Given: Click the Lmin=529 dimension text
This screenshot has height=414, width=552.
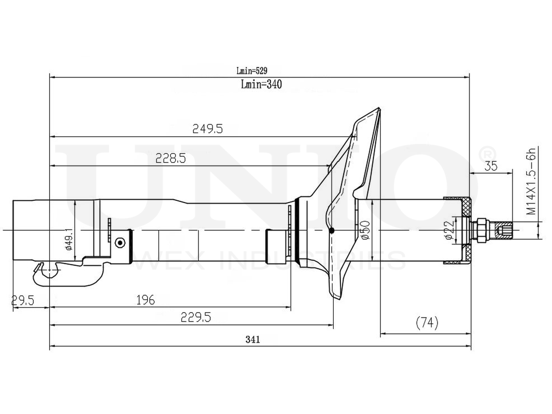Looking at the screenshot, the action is click(252, 71).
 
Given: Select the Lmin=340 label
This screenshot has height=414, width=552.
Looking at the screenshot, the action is click(261, 84).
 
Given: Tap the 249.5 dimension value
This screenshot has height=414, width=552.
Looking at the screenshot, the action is click(207, 129).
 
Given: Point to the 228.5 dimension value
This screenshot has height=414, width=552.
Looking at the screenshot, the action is click(170, 159).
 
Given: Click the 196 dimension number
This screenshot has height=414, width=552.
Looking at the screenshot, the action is click(146, 300).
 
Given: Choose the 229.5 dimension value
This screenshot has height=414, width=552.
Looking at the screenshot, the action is click(196, 317).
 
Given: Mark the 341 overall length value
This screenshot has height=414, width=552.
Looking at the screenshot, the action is click(253, 339).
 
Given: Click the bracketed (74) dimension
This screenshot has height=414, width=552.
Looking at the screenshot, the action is click(427, 323).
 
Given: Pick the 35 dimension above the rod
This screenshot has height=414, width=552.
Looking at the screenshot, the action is click(491, 166).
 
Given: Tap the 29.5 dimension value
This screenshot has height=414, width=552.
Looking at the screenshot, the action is click(22, 301).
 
